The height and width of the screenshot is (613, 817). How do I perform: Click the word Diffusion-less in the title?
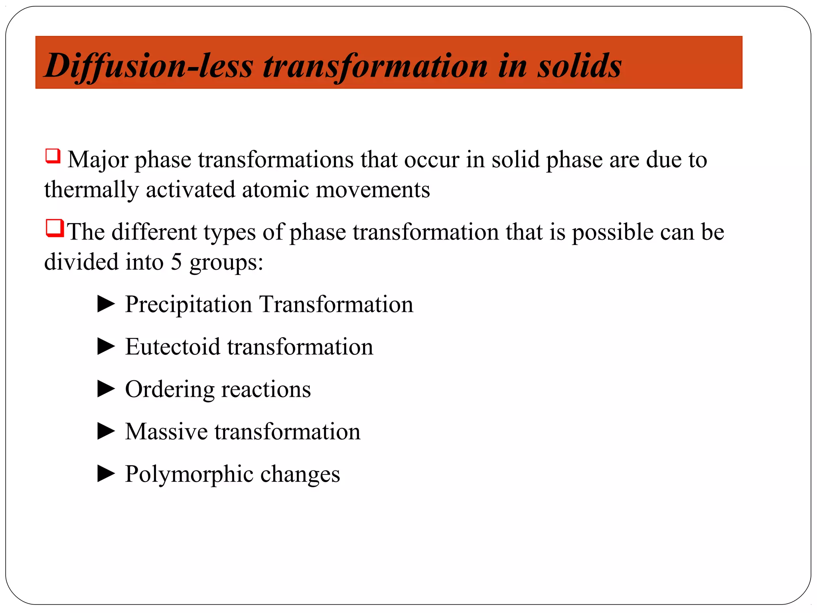click(x=148, y=66)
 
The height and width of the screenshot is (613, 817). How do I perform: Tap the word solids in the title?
click(x=579, y=66)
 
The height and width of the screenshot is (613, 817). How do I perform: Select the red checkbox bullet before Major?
click(x=53, y=156)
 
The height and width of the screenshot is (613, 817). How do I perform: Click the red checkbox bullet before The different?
click(x=55, y=228)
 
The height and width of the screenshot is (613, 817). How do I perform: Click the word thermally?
click(x=91, y=190)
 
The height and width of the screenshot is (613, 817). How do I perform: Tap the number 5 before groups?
click(x=176, y=262)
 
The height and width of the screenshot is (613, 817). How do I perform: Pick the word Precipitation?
click(x=188, y=305)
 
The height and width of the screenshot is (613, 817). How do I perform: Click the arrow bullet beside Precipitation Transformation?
click(x=106, y=304)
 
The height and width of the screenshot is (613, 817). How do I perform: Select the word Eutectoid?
click(x=172, y=346)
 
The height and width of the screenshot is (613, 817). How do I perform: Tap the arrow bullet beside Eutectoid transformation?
click(x=106, y=346)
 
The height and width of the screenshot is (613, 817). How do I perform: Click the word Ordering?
click(x=169, y=390)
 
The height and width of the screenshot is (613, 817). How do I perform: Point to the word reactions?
click(x=266, y=390)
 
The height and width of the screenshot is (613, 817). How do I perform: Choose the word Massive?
click(x=166, y=431)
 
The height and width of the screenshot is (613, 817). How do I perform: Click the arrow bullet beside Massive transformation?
click(x=106, y=431)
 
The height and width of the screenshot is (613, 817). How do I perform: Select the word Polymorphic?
click(x=189, y=475)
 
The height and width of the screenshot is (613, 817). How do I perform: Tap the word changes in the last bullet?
click(x=300, y=475)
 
